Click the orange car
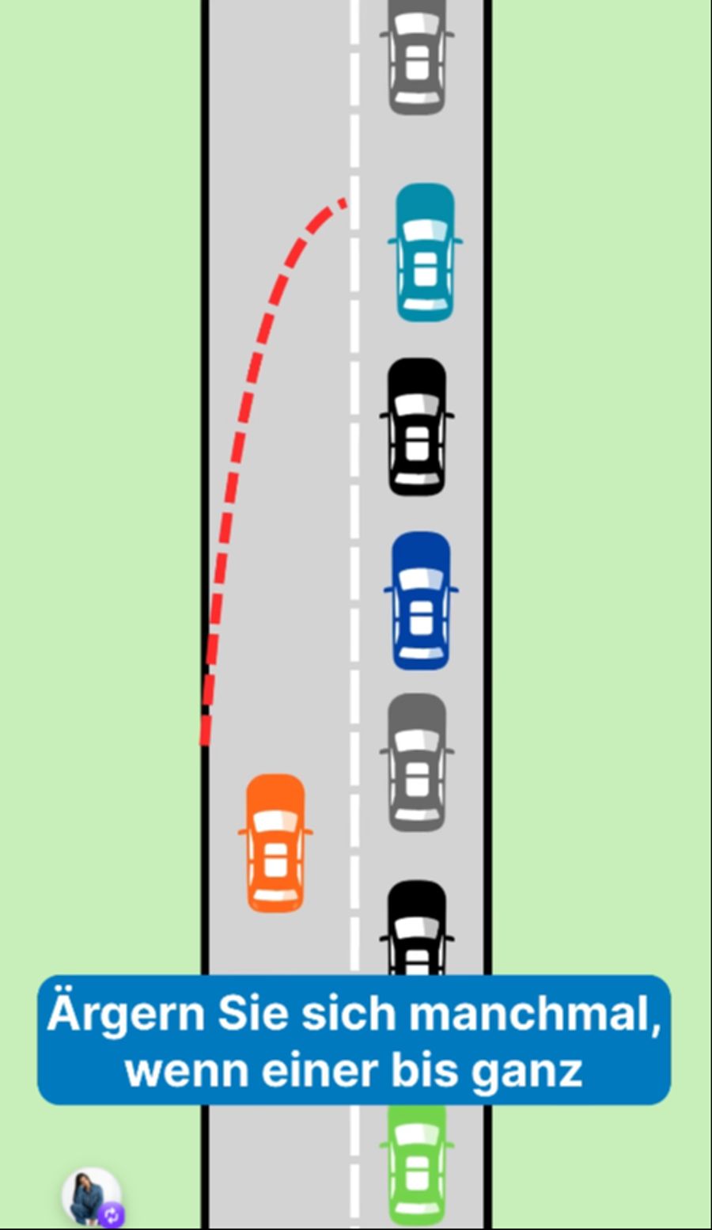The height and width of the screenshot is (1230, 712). coord(275,844)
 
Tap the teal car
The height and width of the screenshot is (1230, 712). coord(425,252)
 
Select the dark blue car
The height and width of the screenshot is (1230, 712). coord(421,601)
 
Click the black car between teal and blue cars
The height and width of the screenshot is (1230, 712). coord(417,427)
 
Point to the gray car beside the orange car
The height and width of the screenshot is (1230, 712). coord(417,762)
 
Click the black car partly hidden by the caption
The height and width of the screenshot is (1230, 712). coord(417,928)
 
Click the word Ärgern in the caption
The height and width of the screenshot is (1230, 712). coord(126,1014)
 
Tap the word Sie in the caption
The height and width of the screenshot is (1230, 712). coord(253,1014)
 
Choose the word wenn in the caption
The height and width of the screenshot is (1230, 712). coord(187,1072)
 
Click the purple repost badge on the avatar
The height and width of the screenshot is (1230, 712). coord(112,1215)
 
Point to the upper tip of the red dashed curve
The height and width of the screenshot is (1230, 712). coord(345,202)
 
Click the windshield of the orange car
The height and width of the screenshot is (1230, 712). coord(275,822)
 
